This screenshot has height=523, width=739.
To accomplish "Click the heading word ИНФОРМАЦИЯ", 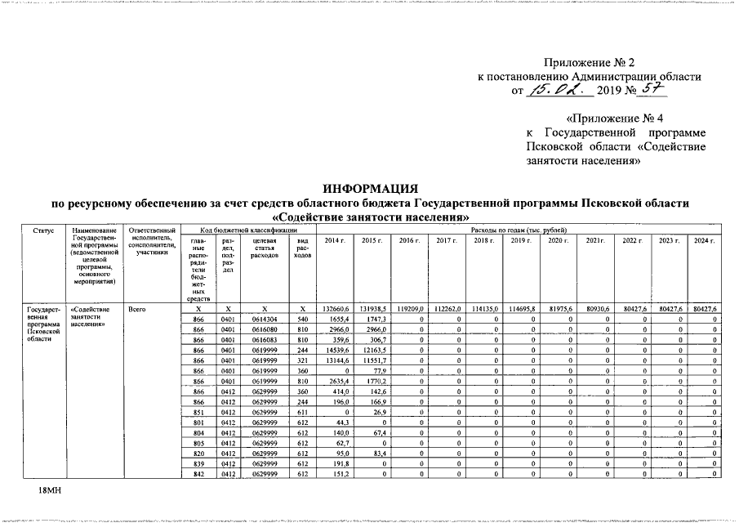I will (x=370, y=189).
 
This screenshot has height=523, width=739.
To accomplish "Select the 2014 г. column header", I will (x=335, y=241).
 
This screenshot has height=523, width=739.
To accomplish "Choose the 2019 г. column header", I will (x=519, y=241).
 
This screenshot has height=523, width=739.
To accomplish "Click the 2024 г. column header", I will (x=703, y=241).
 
